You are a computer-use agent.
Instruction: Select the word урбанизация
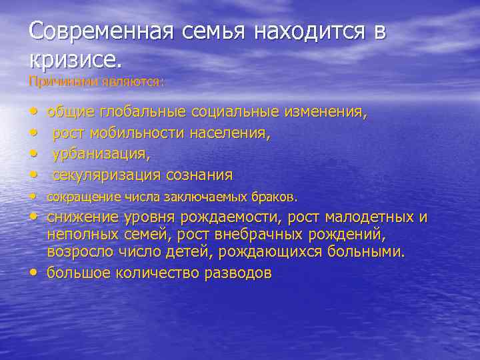coord(101,154)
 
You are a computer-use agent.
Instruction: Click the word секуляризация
coord(107,175)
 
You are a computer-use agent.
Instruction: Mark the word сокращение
coord(79,197)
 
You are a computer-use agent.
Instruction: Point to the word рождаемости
coord(231,218)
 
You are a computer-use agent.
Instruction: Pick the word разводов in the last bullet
coord(233,273)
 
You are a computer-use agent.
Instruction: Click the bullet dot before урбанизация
coord(34,154)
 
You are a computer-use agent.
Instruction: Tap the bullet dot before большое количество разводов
coord(34,273)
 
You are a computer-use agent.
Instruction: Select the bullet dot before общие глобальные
coord(34,112)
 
